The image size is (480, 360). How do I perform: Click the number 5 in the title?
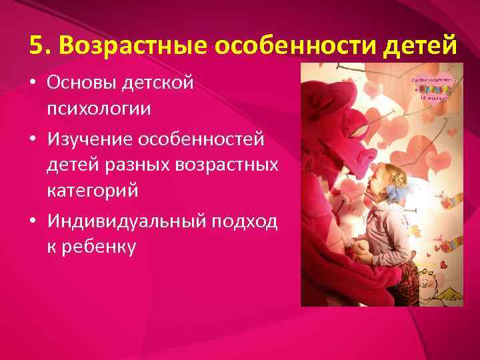point(37,45)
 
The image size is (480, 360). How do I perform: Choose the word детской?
point(160,83)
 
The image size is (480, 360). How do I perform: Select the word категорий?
point(93,191)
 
